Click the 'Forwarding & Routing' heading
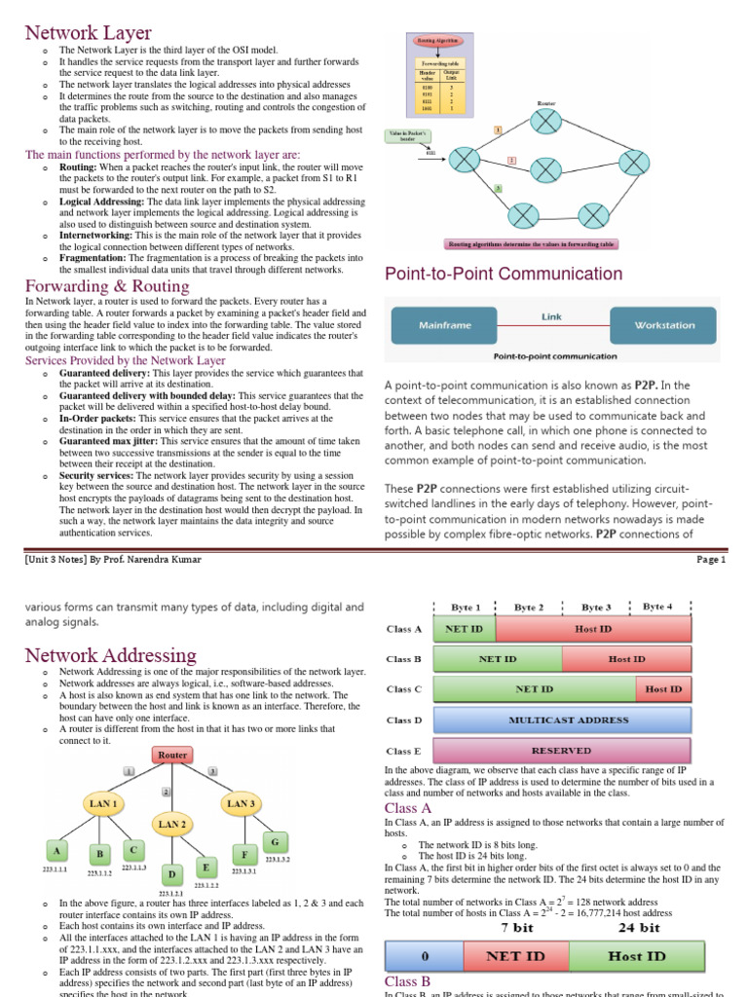click(107, 286)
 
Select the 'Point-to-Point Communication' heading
click(504, 274)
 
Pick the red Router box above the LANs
click(171, 755)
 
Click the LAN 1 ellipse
click(104, 803)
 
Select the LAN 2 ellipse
click(171, 824)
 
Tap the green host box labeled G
click(275, 841)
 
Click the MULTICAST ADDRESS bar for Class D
click(562, 720)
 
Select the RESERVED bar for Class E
click(562, 751)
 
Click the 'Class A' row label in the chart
click(403, 630)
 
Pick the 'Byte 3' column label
click(596, 607)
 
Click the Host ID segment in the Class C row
click(663, 689)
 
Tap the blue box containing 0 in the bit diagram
click(424, 957)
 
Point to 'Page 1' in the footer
click(710, 560)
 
